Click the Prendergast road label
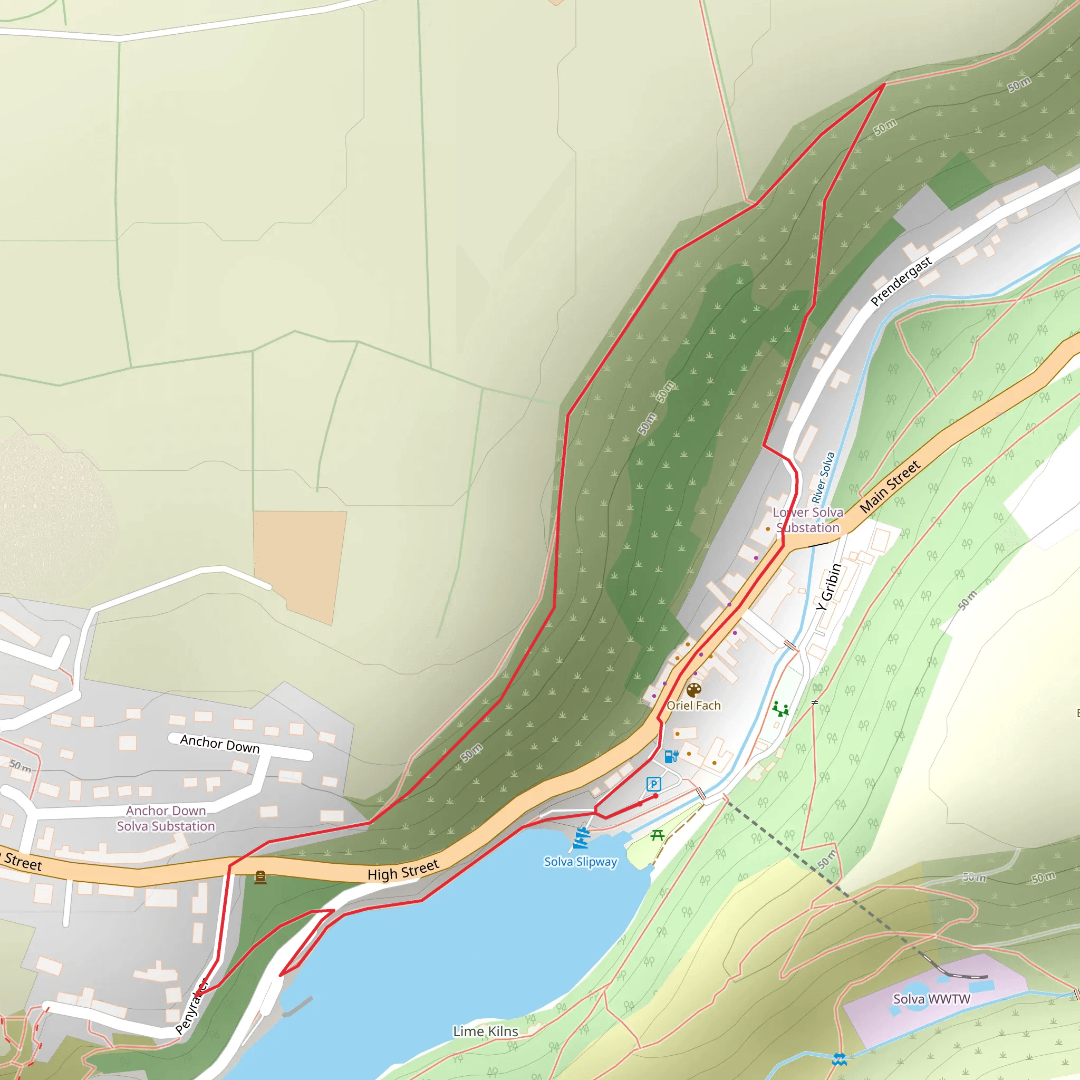(x=901, y=281)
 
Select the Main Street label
(x=890, y=486)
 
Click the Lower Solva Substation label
(x=808, y=520)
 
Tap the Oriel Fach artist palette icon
(x=694, y=690)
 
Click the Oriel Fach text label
(x=694, y=706)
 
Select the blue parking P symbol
(x=653, y=784)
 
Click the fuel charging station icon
(x=671, y=756)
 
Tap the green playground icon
(x=780, y=709)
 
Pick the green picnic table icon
(x=658, y=835)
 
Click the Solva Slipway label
(x=580, y=862)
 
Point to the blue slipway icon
(x=581, y=838)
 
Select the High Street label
(x=403, y=870)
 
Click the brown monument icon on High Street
(x=260, y=877)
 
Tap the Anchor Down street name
(x=220, y=744)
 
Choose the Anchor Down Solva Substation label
(x=166, y=818)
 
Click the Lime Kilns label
(x=485, y=1031)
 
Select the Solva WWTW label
(x=931, y=999)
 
